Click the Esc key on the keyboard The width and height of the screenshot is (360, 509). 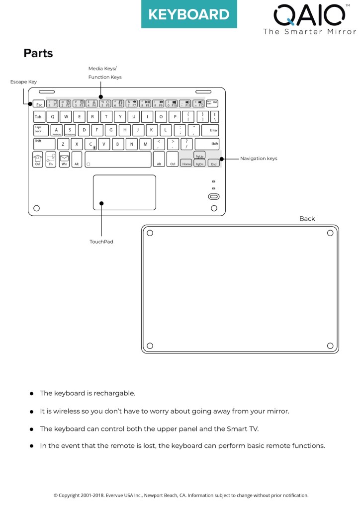[39, 105]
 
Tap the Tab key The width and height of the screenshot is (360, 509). [38, 117]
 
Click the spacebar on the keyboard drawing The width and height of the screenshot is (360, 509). [118, 160]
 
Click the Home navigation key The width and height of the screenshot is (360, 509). [186, 163]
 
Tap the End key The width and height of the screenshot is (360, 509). [213, 163]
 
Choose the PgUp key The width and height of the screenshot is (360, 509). [199, 156]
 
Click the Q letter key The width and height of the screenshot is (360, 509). [52, 117]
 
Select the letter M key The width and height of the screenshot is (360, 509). [145, 144]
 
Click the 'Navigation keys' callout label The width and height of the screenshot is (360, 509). [259, 159]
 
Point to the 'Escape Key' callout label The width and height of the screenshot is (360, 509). [23, 82]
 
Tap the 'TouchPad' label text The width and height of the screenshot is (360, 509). [101, 242]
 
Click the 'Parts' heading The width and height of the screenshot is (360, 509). [38, 53]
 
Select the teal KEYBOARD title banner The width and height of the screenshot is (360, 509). [189, 14]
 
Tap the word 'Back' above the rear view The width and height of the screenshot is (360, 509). [307, 219]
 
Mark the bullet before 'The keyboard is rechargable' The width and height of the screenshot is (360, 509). [31, 393]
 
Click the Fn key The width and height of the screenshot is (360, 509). [51, 160]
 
